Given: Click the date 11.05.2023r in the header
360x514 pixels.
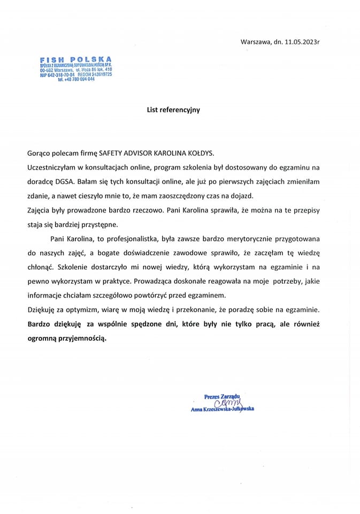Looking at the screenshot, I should [307, 41].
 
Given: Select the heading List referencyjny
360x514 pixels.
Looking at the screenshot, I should [173, 110].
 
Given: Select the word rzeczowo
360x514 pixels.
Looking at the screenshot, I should [160, 209].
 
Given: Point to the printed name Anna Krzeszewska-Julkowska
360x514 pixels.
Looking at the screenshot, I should [222, 410].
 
